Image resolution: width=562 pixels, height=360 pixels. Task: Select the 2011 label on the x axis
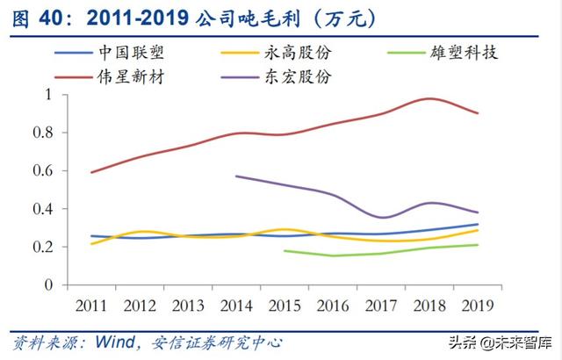click(x=92, y=305)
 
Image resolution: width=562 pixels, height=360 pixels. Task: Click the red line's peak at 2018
click(x=428, y=98)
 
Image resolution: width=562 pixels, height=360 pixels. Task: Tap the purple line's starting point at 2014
click(x=236, y=176)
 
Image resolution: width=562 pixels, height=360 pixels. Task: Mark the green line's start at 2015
click(x=285, y=251)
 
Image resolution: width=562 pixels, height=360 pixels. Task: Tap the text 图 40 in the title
click(x=33, y=16)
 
